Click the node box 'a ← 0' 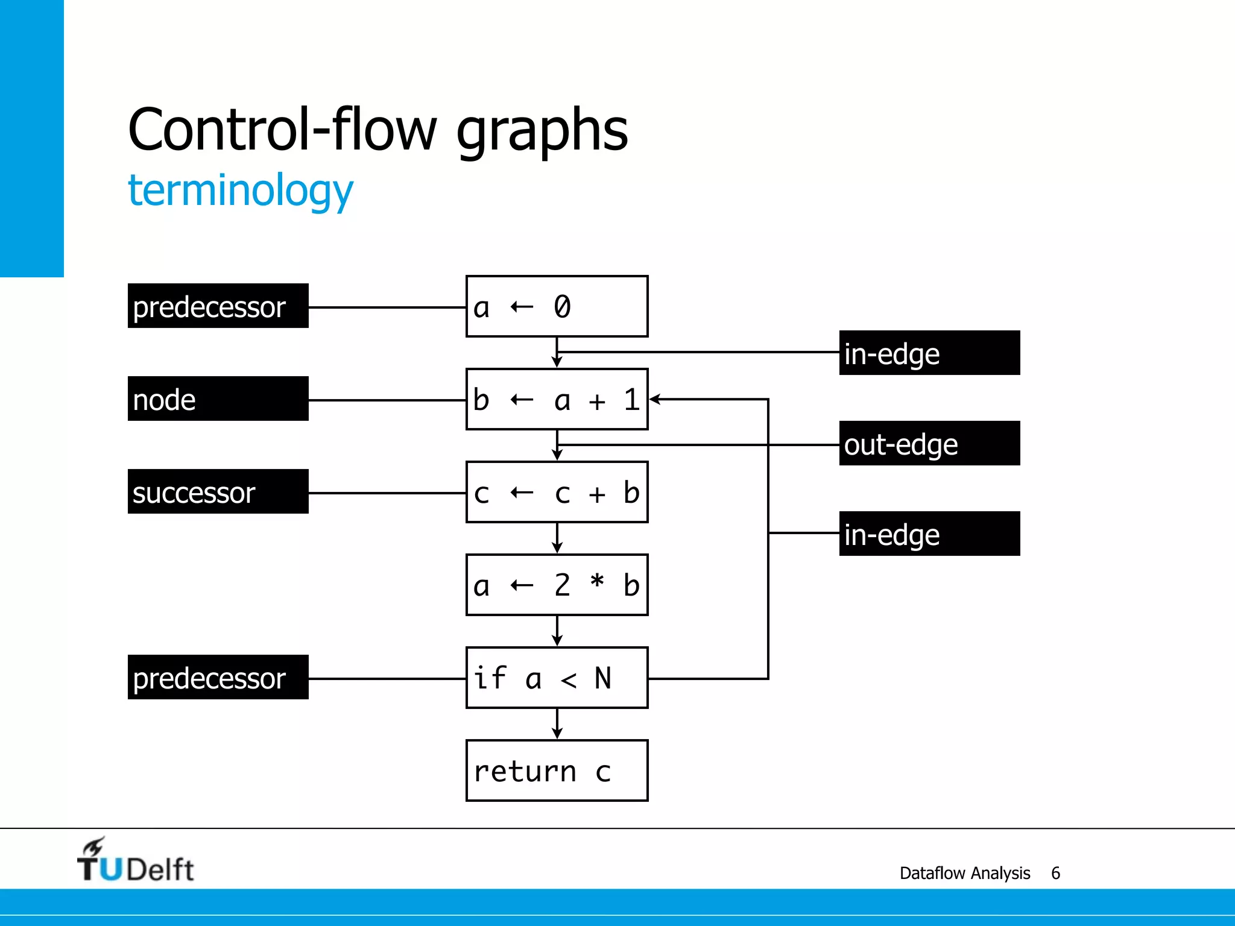tap(557, 306)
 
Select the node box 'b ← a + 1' tap(557, 399)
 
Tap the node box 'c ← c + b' tap(557, 492)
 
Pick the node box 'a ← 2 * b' tap(557, 585)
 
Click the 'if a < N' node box tap(557, 678)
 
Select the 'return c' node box tap(557, 770)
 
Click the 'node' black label tap(218, 398)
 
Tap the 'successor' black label tap(218, 491)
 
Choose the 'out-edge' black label tap(929, 443)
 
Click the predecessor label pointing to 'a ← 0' tap(218, 306)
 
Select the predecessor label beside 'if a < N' tap(218, 677)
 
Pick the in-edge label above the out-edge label tap(929, 353)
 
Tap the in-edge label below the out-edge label tap(929, 534)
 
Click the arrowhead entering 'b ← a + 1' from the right tap(655, 399)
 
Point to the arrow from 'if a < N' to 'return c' tap(557, 724)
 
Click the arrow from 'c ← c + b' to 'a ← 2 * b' tap(557, 538)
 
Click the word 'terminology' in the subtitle tap(240, 191)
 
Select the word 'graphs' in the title tap(542, 130)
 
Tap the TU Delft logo tap(135, 861)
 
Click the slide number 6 tap(1055, 873)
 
